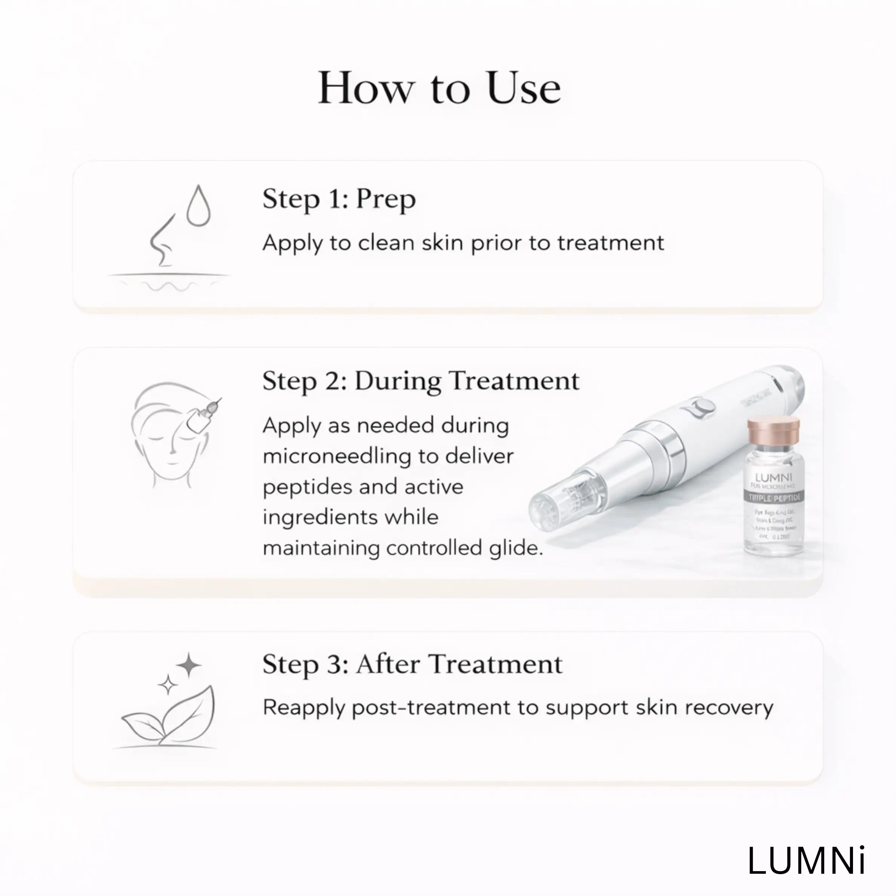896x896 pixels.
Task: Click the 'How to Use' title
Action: [439, 88]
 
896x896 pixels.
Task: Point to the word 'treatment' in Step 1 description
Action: [610, 243]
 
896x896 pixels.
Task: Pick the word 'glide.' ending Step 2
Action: [516, 548]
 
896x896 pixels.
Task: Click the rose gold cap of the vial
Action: [773, 429]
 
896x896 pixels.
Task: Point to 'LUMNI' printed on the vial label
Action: [773, 477]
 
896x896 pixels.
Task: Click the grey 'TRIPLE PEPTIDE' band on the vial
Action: [773, 498]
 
